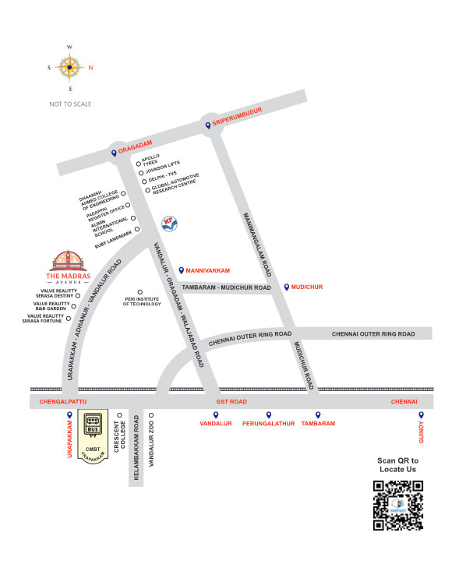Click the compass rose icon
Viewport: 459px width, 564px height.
(69, 68)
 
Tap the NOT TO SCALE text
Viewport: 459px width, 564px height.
(69, 104)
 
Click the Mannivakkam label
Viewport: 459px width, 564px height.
(210, 269)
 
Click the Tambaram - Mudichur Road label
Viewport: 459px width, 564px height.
(226, 287)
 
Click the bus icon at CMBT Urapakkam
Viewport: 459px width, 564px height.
(94, 425)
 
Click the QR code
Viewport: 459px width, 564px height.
(397, 506)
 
